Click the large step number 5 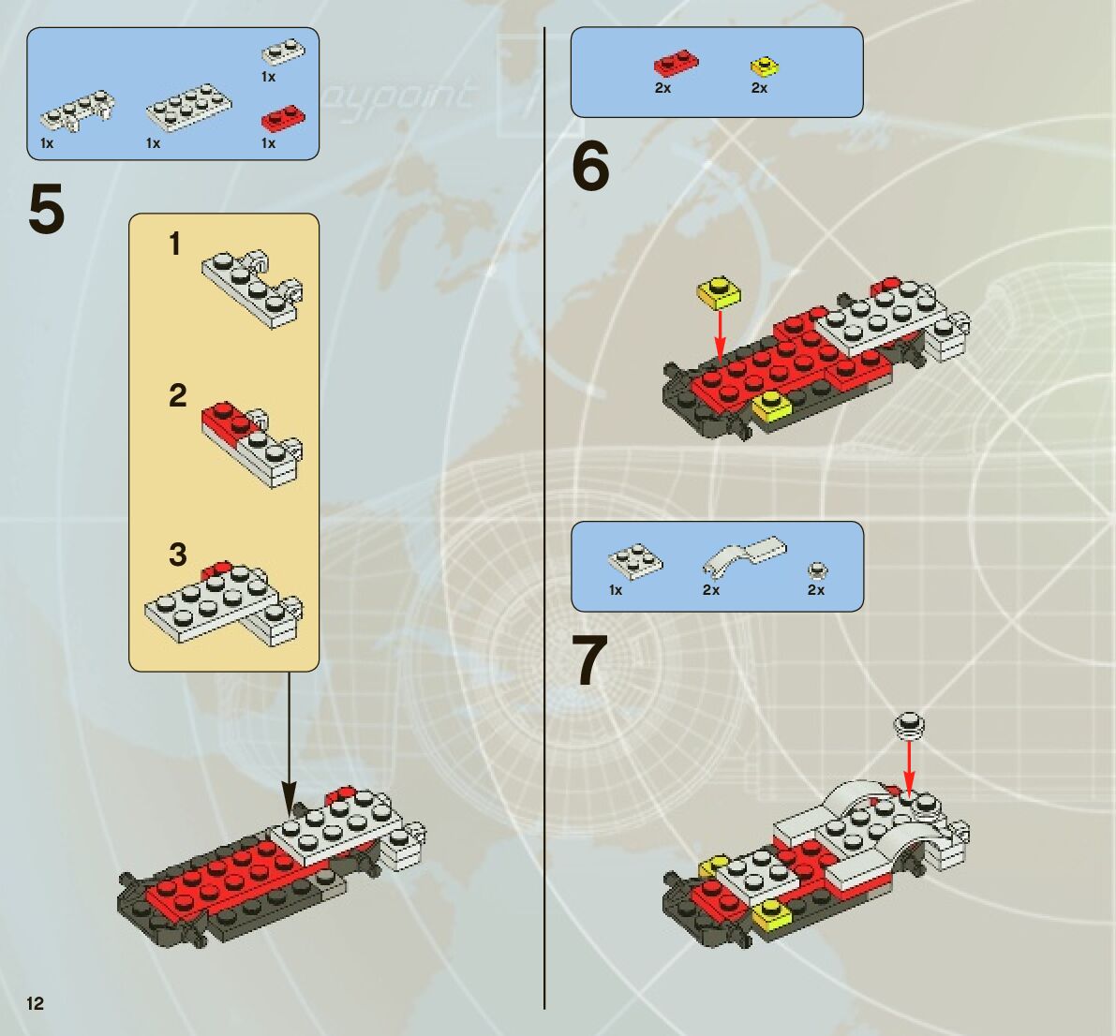pos(47,208)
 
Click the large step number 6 pos(590,166)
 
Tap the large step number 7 pos(590,661)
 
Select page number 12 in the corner pos(36,1003)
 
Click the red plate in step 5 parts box pos(283,120)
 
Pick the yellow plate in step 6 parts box pos(765,67)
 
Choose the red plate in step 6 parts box pos(677,63)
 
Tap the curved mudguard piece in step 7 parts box pos(744,555)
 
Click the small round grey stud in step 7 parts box pos(818,570)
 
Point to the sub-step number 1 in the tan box pos(174,244)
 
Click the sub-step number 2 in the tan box pos(178,395)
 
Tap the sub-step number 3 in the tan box pos(178,555)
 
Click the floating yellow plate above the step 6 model pos(720,293)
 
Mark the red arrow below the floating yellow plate pos(720,336)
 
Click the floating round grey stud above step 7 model pos(910,725)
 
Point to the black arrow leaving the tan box pos(289,743)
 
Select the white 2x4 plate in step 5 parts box pos(188,108)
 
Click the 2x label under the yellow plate pos(759,87)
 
